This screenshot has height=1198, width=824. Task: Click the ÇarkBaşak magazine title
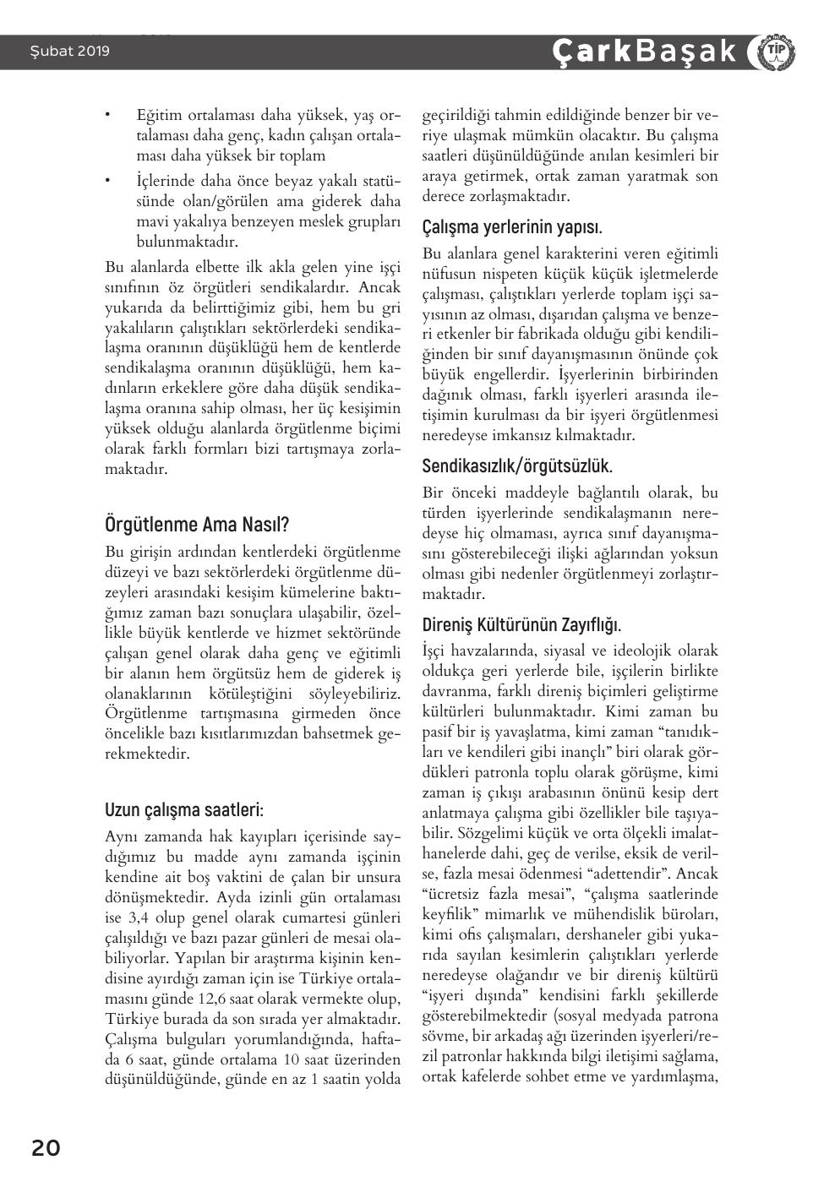point(645,52)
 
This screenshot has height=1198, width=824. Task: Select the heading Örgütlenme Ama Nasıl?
point(196,524)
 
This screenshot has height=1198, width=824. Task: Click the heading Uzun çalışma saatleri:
point(184,809)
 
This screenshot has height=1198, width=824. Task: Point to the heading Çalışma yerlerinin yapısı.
point(512,227)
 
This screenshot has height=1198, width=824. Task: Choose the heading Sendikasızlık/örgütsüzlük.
point(517,466)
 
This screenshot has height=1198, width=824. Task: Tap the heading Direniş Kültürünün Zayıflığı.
point(521,625)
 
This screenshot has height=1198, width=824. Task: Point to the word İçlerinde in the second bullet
point(165,181)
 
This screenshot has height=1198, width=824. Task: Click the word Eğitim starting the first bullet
point(158,114)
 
